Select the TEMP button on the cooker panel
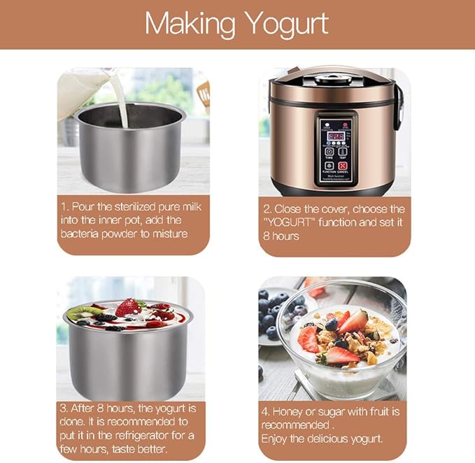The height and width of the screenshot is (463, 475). (x=343, y=151)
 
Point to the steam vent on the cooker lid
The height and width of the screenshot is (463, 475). (x=333, y=78)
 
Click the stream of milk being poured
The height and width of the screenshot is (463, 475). (x=123, y=105)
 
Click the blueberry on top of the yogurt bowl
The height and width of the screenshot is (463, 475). (x=332, y=324)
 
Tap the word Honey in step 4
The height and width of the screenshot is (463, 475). (x=291, y=411)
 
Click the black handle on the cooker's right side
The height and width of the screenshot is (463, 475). (x=397, y=105)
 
